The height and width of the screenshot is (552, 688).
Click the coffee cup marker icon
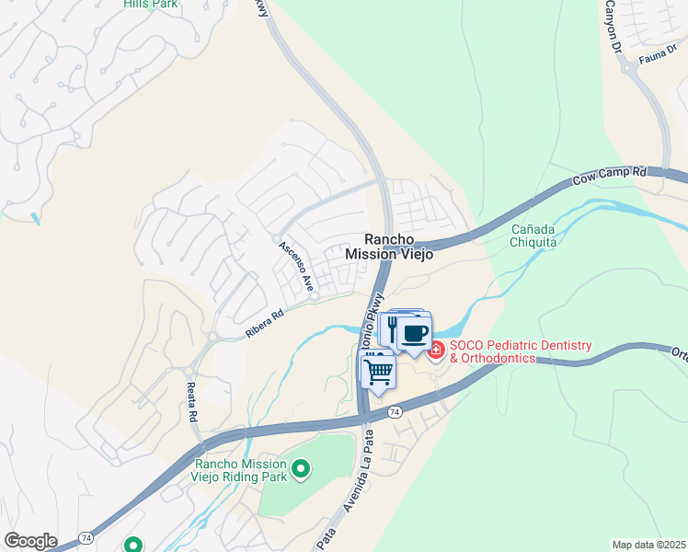416,332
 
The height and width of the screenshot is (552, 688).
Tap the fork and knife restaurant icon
392,329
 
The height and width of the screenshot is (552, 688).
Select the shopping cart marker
378,373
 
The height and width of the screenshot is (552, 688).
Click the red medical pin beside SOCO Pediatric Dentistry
436,350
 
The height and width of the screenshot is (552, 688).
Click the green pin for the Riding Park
300,471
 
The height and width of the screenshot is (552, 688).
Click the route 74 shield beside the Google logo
86,536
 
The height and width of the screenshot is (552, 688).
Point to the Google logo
30,541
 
